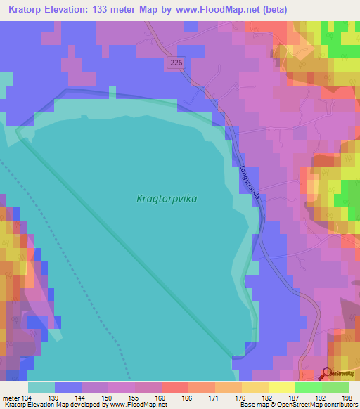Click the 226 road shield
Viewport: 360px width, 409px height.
coord(176,63)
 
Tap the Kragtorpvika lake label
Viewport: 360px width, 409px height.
coord(167,199)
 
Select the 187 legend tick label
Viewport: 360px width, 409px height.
coord(295,398)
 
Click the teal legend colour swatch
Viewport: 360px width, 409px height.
coord(41,387)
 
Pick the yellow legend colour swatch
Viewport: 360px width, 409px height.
coord(282,387)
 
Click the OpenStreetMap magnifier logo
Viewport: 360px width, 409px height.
coord(328,374)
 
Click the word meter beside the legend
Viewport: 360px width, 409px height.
coord(11,398)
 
